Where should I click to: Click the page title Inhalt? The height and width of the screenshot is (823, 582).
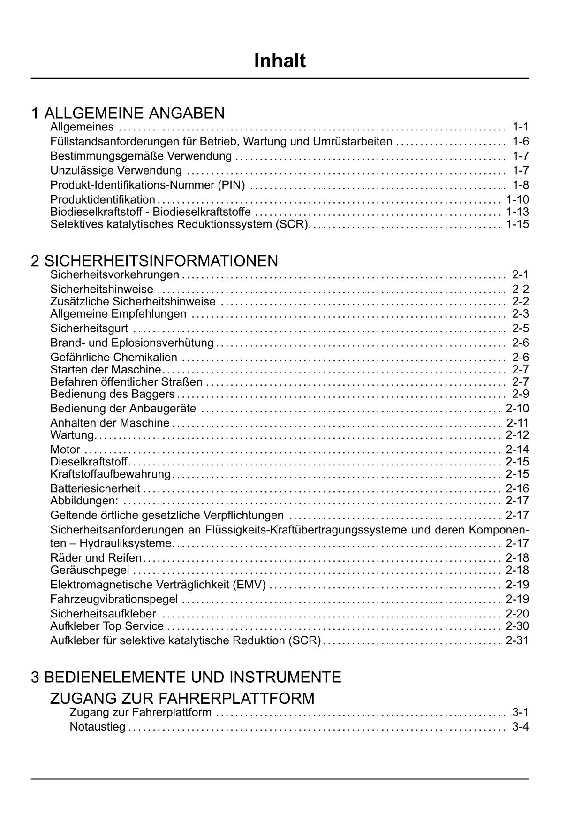[x=280, y=61]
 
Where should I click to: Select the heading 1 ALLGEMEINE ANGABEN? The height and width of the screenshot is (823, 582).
[x=128, y=113]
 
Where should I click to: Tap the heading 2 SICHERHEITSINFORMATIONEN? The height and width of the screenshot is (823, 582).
[x=154, y=260]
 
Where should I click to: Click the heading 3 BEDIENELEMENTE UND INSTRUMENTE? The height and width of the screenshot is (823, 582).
[x=186, y=677]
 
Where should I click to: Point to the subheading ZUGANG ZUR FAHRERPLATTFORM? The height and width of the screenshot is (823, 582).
[x=182, y=698]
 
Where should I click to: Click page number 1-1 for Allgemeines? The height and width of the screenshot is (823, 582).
[x=521, y=127]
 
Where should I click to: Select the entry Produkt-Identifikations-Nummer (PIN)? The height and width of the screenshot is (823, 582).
[x=147, y=185]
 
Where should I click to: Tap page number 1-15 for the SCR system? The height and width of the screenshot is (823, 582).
[x=517, y=224]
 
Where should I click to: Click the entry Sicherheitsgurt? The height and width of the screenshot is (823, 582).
[x=89, y=328]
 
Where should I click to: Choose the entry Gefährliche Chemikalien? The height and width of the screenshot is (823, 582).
[x=114, y=358]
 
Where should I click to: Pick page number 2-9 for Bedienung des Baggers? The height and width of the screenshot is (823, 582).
[x=521, y=394]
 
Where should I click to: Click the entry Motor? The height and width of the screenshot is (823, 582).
[x=65, y=450]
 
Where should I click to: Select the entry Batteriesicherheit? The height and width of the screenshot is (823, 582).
[x=95, y=488]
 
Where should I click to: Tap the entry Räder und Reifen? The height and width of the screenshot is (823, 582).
[x=96, y=558]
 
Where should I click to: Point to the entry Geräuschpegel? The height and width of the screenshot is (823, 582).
[x=90, y=570]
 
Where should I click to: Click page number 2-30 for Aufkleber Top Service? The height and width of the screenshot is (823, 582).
[x=517, y=626]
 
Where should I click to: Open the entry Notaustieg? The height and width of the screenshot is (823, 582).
[x=98, y=727]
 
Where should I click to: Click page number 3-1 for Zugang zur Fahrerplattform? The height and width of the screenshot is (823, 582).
[x=521, y=713]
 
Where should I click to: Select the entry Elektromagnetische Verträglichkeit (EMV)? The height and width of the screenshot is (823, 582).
[x=158, y=585]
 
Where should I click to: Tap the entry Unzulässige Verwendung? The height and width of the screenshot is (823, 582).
[x=116, y=170]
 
